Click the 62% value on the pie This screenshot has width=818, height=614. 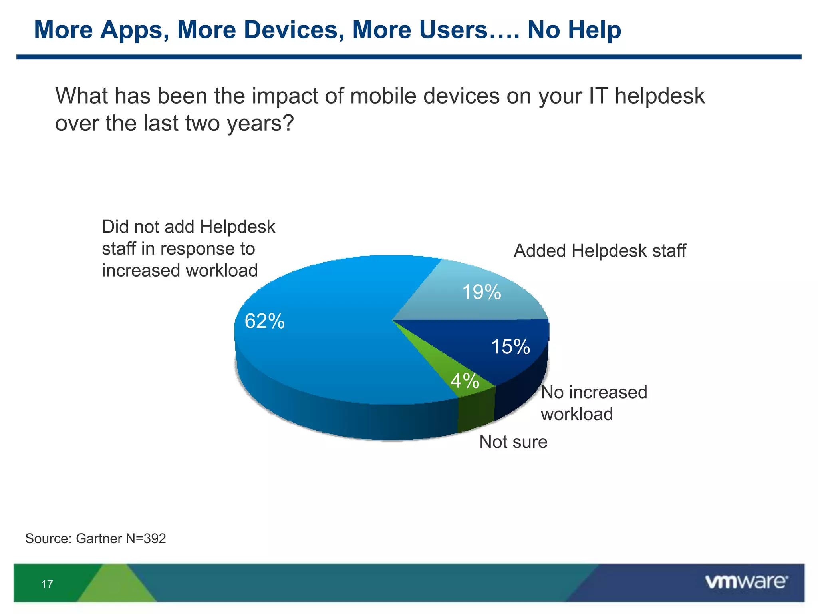point(264,321)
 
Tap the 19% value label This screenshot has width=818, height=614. point(481,292)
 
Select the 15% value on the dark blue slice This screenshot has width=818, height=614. point(510,347)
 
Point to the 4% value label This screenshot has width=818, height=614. point(465,381)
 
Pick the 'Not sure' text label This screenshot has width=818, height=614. point(513,442)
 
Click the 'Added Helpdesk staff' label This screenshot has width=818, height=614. point(600,251)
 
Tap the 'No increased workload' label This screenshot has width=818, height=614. point(593,403)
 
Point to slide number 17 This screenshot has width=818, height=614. point(47,584)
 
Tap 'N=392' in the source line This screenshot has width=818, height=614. point(146,538)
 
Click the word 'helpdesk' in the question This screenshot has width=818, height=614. point(659,96)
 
